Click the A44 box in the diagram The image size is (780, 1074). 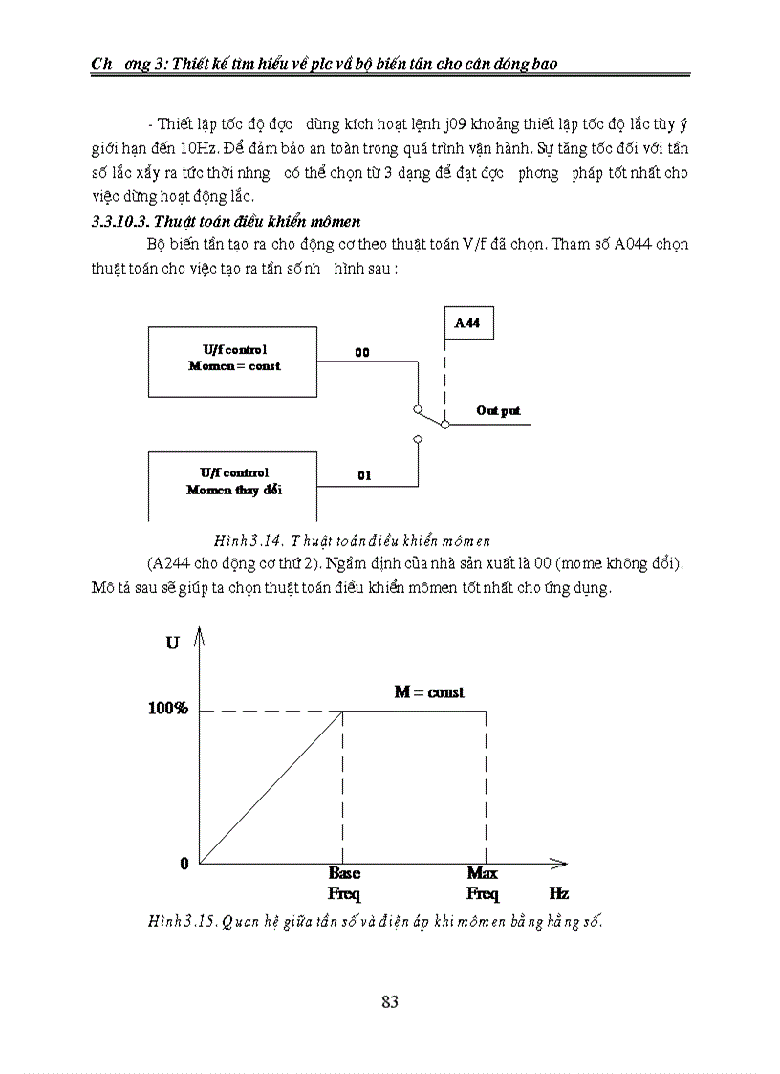coord(468,324)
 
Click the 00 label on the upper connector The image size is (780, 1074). coord(362,352)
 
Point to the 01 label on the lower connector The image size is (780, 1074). coord(364,475)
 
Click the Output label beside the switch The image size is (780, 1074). coord(498,410)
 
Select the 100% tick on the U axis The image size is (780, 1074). coord(167,709)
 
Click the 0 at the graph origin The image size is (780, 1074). coord(184,864)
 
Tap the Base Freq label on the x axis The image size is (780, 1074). coord(344,884)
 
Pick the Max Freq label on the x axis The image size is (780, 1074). coord(483,884)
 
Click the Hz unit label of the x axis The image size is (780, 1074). coord(559,893)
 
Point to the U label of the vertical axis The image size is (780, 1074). coord(172,644)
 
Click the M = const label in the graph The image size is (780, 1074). coord(429,691)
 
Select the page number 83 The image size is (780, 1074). coord(389,1002)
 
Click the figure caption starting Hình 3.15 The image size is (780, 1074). coord(378,922)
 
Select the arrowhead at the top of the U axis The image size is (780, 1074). coord(200,633)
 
